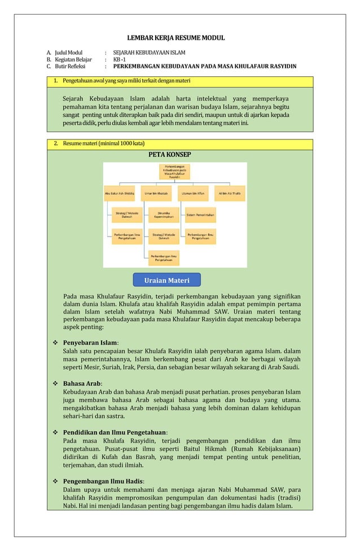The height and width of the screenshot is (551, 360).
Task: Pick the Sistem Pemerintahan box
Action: coord(200,215)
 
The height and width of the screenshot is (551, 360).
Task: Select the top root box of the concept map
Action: coord(175,172)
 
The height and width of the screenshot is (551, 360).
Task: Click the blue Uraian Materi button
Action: coord(166,280)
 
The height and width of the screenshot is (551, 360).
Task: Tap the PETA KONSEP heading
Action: coord(169,155)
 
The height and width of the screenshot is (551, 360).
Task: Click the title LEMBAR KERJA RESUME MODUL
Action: coord(175,38)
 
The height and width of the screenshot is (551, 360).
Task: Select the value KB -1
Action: coord(120,59)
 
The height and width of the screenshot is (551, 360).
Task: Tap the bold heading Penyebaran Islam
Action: coord(90,343)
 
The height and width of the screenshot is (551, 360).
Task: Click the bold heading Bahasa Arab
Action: coord(82,383)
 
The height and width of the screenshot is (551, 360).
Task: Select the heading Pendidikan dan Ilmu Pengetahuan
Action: coord(115,432)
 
